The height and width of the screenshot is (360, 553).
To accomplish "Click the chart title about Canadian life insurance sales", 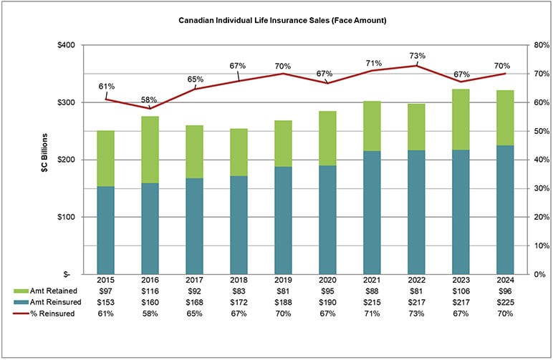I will coord(282,21).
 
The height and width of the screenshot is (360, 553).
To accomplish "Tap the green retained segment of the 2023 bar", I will coord(461,119).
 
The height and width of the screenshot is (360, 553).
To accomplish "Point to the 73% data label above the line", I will coord(417,55).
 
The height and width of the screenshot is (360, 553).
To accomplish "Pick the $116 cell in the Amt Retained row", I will coord(150,291).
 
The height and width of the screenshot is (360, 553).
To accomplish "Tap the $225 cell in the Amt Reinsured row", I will coord(505,303).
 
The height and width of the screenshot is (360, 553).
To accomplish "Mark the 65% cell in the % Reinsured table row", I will coord(195,314).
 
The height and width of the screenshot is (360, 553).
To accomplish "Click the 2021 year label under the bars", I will coord(372,281).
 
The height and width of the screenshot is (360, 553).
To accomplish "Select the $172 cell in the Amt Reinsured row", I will coord(239,303).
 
